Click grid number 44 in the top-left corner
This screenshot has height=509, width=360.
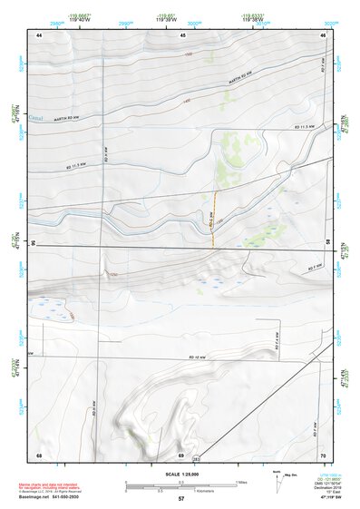point(39,34)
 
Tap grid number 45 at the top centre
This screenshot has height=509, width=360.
point(182,34)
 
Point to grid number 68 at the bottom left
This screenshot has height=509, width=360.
point(39,453)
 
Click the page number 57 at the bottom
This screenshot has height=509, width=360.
point(180,500)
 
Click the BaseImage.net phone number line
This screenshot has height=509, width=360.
point(49,497)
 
